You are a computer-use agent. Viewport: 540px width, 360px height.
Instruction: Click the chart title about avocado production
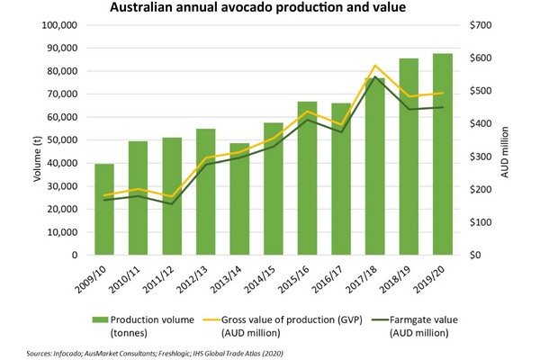[x=270, y=9]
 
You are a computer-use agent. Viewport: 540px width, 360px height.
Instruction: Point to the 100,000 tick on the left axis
[x=63, y=25]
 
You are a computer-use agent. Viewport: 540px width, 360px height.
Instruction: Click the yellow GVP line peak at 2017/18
[x=375, y=66]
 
